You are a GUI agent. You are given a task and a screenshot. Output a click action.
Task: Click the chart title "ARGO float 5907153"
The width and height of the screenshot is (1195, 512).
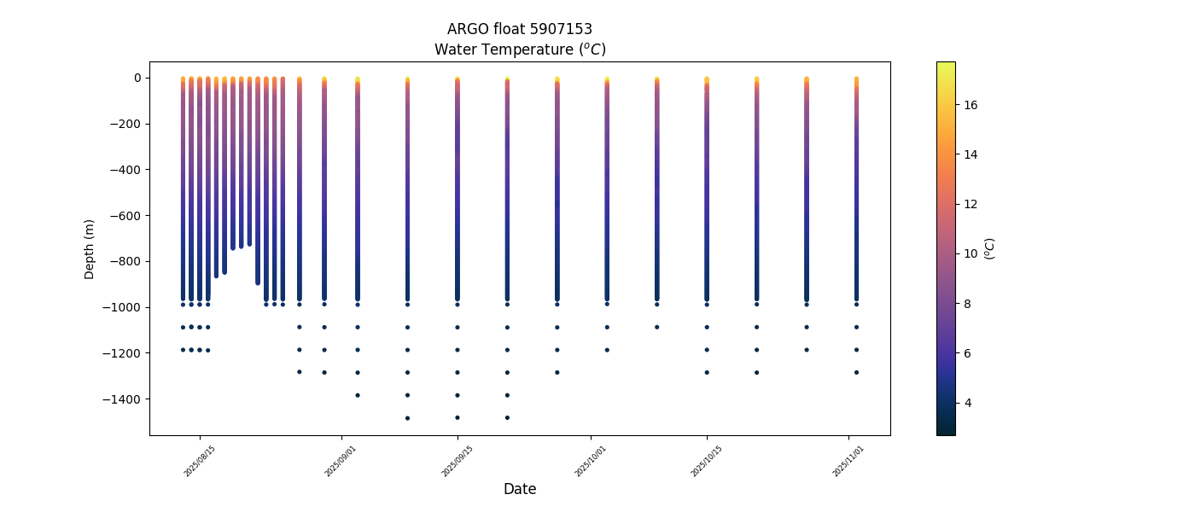click(x=519, y=30)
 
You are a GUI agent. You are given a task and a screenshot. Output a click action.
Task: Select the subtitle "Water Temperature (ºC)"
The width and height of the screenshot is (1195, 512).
click(x=519, y=49)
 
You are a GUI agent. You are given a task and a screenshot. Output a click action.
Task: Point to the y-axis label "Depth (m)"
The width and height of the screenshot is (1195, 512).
click(x=89, y=248)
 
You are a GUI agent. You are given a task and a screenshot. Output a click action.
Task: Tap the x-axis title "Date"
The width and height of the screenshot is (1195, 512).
click(x=519, y=489)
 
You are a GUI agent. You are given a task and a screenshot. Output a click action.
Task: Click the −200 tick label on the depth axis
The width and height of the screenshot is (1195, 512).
click(x=125, y=124)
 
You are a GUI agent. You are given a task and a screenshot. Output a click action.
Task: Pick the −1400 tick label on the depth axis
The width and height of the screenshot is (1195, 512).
click(x=122, y=399)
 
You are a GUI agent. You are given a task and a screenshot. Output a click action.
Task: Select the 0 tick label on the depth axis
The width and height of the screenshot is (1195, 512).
click(x=137, y=78)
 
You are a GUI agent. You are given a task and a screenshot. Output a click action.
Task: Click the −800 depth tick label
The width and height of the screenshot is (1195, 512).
click(x=125, y=262)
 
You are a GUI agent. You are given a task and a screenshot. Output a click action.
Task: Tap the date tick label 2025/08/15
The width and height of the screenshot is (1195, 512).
click(x=200, y=461)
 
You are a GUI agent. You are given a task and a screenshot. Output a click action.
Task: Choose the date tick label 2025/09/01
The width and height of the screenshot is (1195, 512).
click(x=341, y=461)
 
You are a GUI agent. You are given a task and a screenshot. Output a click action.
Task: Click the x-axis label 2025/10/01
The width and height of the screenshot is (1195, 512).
click(x=591, y=461)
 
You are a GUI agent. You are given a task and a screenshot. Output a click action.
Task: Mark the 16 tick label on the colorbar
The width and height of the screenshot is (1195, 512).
click(x=971, y=105)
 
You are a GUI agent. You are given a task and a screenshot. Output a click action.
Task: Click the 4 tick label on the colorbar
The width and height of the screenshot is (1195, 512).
click(x=968, y=403)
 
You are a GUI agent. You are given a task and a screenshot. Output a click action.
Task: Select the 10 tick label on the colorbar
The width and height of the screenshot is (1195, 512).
click(x=971, y=253)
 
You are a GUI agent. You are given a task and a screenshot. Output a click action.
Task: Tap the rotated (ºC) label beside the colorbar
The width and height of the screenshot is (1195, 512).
click(x=990, y=248)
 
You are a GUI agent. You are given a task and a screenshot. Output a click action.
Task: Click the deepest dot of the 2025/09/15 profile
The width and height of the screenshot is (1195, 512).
click(x=458, y=417)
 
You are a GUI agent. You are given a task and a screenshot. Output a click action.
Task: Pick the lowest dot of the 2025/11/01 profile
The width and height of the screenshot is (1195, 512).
click(x=856, y=372)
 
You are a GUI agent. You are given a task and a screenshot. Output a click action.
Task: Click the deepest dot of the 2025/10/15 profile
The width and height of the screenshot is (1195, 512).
click(x=707, y=372)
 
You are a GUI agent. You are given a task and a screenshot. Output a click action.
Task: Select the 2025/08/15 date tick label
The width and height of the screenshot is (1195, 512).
click(x=200, y=461)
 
